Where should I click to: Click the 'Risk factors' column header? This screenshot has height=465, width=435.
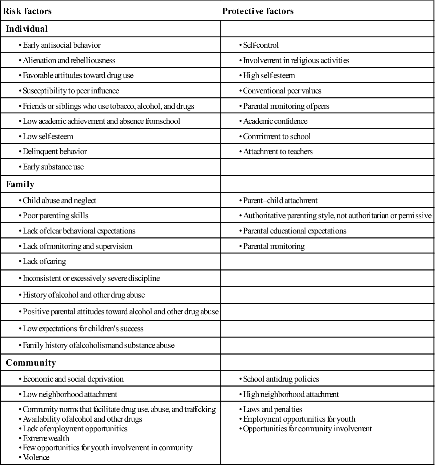pos(27,11)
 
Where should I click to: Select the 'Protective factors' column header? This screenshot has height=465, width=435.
pos(258,11)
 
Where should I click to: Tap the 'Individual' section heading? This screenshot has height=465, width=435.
pos(27,29)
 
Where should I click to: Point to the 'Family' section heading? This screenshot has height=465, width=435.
pos(20,184)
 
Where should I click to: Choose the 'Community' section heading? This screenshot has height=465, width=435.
pos(31,363)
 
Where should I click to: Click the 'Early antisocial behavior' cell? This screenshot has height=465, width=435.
pos(61,45)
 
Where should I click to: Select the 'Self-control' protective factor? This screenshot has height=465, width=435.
pos(261,45)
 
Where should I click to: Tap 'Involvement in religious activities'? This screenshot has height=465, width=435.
pos(296,60)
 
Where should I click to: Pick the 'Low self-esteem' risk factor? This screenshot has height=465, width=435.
pos(48,136)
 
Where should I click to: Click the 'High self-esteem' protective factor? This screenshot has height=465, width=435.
pos(269,75)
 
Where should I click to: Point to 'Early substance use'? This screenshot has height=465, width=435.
pos(53,167)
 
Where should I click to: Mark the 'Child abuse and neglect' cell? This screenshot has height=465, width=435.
pos(59,200)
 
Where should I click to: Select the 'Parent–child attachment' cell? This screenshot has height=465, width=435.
pos(280,200)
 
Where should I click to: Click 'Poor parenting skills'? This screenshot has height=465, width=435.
pos(55,215)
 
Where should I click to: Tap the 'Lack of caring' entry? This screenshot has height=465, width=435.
pos(44,261)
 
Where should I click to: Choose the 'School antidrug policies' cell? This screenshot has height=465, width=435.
pos(281,379)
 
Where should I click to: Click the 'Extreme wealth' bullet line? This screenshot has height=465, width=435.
pos(46,438)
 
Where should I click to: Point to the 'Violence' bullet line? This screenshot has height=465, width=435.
pos(36,457)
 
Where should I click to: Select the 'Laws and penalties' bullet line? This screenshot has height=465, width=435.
pos(272,409)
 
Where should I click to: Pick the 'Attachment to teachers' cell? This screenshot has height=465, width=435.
pos(278,151)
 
